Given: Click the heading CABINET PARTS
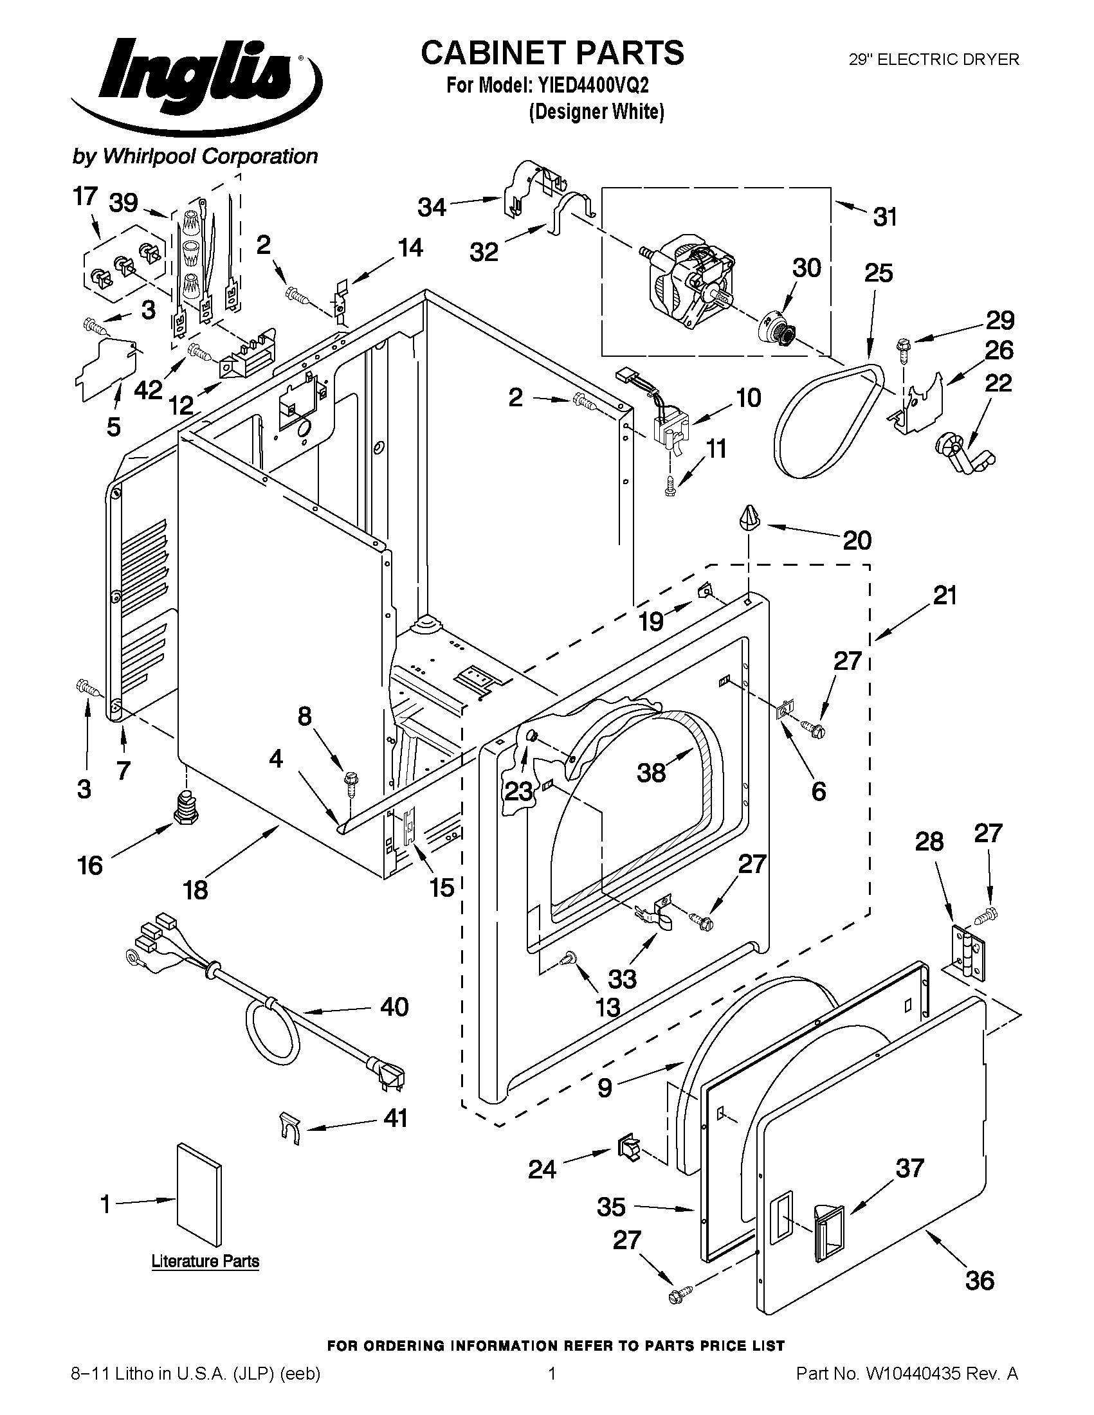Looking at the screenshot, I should pos(552,53).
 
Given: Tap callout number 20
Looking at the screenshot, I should pos(856,539).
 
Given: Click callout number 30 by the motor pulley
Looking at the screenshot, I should pos(807,268).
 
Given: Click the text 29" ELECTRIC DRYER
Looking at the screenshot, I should pos(934,60).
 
